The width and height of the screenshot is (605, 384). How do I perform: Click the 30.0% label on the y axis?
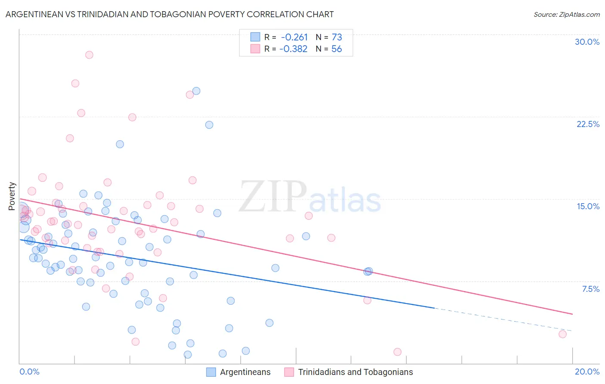[587, 42]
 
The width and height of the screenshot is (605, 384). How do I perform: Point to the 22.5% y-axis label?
[588, 124]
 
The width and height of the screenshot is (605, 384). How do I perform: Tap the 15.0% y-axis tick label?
[588, 206]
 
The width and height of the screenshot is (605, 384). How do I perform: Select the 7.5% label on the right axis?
[590, 289]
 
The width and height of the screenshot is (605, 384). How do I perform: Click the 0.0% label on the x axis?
[29, 372]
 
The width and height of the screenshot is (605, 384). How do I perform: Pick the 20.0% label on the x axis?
[587, 372]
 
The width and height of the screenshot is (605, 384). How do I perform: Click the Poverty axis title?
[12, 196]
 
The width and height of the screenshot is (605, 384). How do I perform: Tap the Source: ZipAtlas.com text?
[566, 14]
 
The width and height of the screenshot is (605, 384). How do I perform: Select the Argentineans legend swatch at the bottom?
[211, 372]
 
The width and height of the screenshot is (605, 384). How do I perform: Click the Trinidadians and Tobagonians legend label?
[355, 372]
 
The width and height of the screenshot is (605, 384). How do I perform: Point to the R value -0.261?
[294, 37]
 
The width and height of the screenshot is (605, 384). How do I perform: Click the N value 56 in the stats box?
[336, 49]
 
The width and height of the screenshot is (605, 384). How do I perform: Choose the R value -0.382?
[293, 49]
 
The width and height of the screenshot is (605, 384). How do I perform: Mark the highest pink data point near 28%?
[89, 55]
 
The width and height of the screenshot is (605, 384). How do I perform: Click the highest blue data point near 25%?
[196, 91]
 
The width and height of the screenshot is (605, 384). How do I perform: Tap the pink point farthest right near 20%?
[562, 334]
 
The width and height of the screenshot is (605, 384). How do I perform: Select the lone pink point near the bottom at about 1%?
[398, 352]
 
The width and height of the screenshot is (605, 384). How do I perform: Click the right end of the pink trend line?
[572, 314]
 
